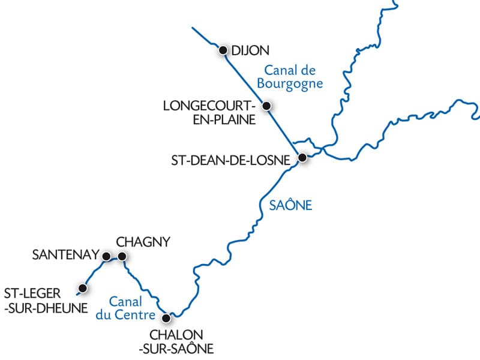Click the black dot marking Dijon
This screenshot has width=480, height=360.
point(223,50)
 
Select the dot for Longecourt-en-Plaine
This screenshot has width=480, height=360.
point(267,106)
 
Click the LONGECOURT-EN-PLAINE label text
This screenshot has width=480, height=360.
point(209,113)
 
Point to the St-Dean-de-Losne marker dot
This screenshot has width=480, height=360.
point(302,158)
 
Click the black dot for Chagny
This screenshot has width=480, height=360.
point(122,256)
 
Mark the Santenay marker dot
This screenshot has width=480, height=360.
point(106,256)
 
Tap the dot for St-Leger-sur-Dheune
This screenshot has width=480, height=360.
point(83,289)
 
